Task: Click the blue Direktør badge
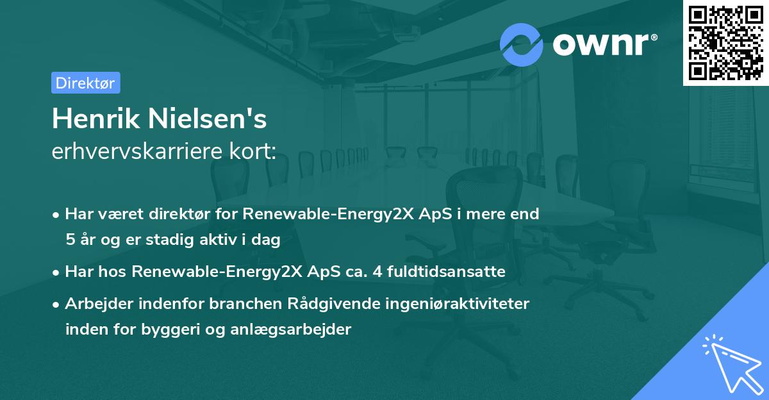85,83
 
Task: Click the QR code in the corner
725,42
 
